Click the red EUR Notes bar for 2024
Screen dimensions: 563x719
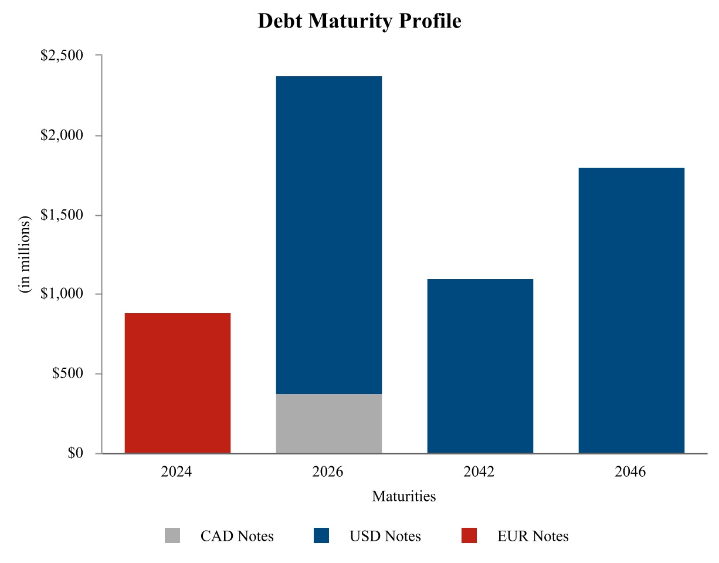[x=178, y=383]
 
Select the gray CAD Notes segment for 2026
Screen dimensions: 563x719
[x=329, y=423]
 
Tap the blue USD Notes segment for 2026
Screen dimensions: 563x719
[x=329, y=235]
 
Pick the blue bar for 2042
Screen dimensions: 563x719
[x=480, y=366]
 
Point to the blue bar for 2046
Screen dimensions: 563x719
[x=632, y=310]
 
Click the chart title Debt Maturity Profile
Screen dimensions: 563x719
[x=359, y=22]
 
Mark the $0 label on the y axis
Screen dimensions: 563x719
[x=75, y=453]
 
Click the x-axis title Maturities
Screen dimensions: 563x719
[x=404, y=497]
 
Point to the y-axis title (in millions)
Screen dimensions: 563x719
[x=25, y=255]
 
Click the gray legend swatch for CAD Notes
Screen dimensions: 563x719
[x=172, y=535]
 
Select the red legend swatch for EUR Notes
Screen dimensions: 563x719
[x=469, y=535]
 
